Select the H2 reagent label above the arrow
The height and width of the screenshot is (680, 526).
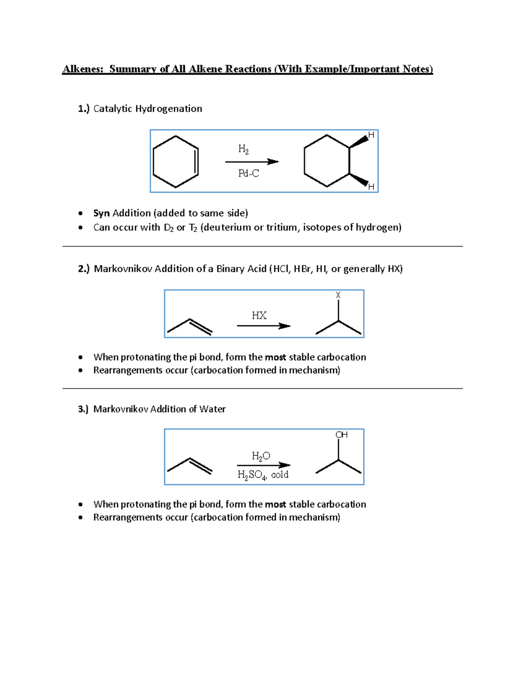click(x=243, y=149)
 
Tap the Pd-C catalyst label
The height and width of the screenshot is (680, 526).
click(x=249, y=173)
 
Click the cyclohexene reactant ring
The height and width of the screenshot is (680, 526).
click(x=176, y=162)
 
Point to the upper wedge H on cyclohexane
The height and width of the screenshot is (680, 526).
click(x=371, y=135)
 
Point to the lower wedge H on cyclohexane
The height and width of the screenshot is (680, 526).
click(x=371, y=187)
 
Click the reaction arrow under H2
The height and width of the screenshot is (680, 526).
click(x=252, y=162)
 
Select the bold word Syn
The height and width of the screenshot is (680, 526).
click(x=101, y=213)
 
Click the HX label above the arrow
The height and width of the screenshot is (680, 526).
click(x=259, y=315)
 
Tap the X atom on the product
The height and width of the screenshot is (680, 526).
click(x=338, y=295)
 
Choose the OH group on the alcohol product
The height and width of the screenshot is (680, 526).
click(x=341, y=435)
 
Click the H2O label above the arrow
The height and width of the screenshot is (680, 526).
click(x=261, y=456)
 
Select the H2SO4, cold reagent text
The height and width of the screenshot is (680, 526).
click(x=263, y=475)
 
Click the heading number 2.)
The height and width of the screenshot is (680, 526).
click(x=84, y=269)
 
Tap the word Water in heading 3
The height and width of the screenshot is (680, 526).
click(x=212, y=409)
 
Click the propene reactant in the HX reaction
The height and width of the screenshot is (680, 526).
click(x=190, y=327)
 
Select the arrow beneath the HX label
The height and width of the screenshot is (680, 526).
click(x=263, y=326)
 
